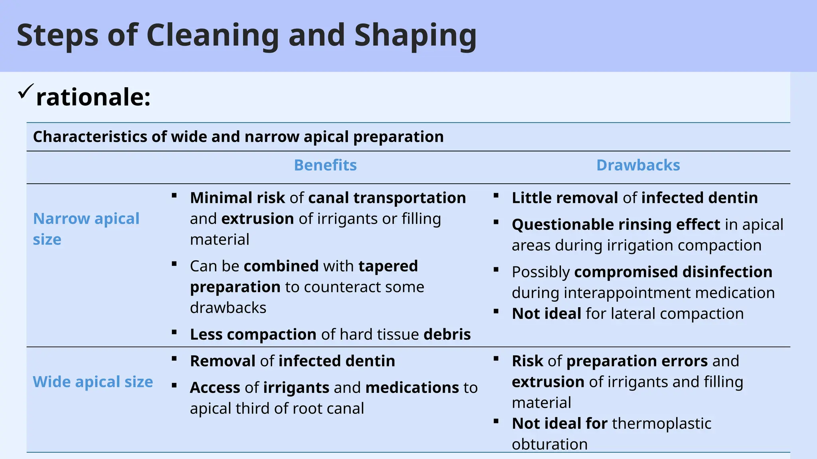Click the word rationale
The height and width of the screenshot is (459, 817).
coord(93,97)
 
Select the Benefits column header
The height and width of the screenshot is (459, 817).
coord(325,165)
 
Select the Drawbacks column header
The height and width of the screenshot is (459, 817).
coord(638,165)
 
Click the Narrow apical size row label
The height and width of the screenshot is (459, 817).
coord(86,229)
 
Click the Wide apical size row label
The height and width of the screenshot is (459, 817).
coord(93,382)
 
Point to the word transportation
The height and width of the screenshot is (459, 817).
coord(409,198)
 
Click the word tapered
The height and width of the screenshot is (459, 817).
coord(388,266)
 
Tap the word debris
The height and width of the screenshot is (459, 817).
coord(447,334)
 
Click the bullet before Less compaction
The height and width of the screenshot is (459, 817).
coord(174,331)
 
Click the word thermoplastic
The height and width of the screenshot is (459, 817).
coord(661,424)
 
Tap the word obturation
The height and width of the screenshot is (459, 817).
coord(549,444)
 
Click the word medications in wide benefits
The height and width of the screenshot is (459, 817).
coord(412,388)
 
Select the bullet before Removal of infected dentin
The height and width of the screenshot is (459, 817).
coord(174,358)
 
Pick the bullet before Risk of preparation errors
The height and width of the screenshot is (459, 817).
coord(496,358)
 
